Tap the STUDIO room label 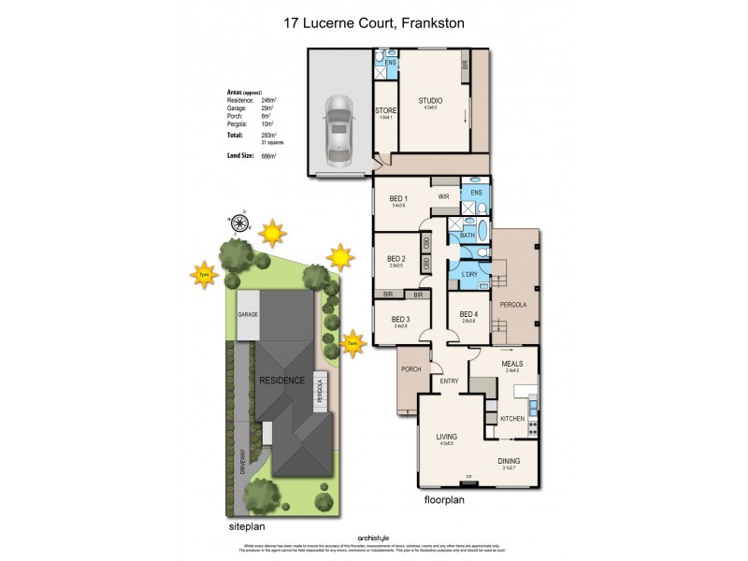coord(430,101)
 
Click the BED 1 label coord(398,198)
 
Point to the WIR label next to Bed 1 coord(444,197)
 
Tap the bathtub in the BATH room coord(482,232)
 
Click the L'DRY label coord(469,274)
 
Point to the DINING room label coord(509,461)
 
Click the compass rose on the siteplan coord(239,222)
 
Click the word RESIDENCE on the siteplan coord(281,381)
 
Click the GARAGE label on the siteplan coord(247,315)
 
